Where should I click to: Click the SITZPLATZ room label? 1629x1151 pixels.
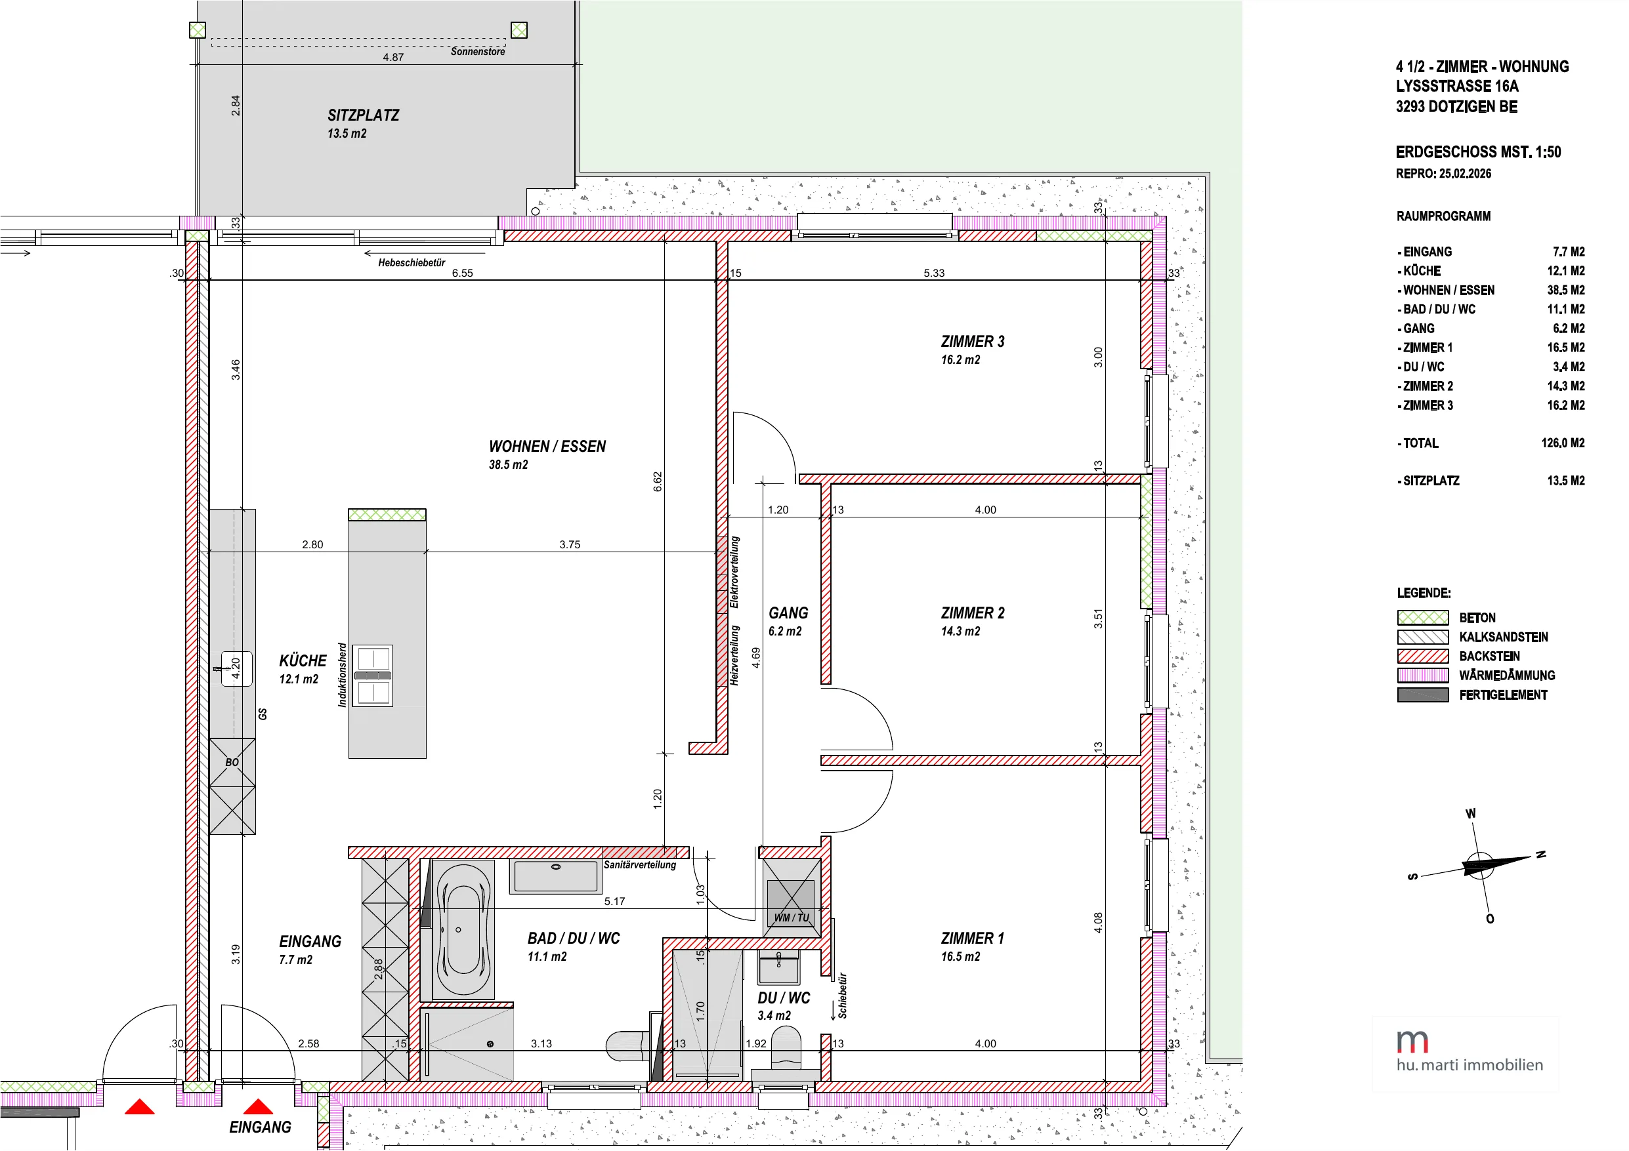[363, 115]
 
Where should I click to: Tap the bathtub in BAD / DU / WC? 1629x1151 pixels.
[463, 930]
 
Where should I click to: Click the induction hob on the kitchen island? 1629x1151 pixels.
[373, 675]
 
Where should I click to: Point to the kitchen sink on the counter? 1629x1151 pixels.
[236, 669]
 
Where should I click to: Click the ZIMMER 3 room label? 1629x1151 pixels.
[972, 342]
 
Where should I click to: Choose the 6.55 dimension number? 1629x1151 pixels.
[462, 273]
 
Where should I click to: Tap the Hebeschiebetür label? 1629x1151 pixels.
[412, 263]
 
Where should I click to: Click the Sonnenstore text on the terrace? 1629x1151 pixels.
[478, 52]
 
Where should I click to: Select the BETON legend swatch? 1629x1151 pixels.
[1422, 618]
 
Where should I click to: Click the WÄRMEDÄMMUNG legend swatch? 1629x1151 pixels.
[1422, 675]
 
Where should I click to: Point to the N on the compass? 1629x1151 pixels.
[1540, 854]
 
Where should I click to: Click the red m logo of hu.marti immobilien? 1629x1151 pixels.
[1412, 1041]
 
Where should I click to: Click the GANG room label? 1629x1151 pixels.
[788, 613]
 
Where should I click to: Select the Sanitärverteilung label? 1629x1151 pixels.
[640, 865]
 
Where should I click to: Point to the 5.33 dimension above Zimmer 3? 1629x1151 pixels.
[934, 273]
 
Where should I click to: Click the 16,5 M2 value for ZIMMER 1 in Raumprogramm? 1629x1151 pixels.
[1566, 348]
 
